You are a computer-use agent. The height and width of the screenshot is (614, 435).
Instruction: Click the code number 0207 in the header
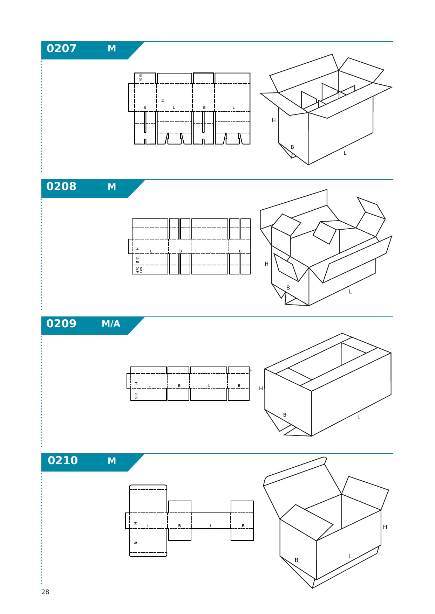(x=61, y=48)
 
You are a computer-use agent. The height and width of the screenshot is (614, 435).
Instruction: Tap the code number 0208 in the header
(x=61, y=186)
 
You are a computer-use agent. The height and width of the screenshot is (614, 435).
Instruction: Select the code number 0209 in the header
(x=61, y=323)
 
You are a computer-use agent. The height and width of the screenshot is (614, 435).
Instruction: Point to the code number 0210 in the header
(x=63, y=460)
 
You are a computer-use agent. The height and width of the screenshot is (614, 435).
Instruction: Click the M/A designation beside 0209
(x=111, y=324)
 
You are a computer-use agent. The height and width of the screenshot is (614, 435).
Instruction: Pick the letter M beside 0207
(x=112, y=49)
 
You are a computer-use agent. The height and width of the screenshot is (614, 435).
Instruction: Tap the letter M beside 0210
(x=112, y=461)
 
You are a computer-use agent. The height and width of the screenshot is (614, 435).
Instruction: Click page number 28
(x=45, y=592)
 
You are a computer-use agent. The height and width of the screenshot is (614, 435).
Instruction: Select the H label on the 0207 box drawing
(x=274, y=120)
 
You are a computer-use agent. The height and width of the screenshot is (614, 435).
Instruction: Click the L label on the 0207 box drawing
(x=345, y=153)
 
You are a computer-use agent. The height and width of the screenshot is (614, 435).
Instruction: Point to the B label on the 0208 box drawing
(x=288, y=288)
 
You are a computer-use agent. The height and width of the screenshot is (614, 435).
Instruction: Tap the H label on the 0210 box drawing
(x=385, y=527)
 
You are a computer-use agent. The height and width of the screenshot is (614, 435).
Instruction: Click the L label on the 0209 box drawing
(x=359, y=417)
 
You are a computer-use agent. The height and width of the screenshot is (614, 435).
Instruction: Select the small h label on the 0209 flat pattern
(x=251, y=371)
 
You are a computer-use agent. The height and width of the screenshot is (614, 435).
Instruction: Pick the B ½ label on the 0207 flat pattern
(x=141, y=77)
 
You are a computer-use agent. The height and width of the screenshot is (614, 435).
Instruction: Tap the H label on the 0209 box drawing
(x=261, y=389)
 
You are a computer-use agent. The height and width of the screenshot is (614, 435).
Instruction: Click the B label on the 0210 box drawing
(x=297, y=560)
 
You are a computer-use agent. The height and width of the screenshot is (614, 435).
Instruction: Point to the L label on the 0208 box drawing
(x=350, y=292)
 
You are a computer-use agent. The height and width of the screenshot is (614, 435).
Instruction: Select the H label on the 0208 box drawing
(x=267, y=264)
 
